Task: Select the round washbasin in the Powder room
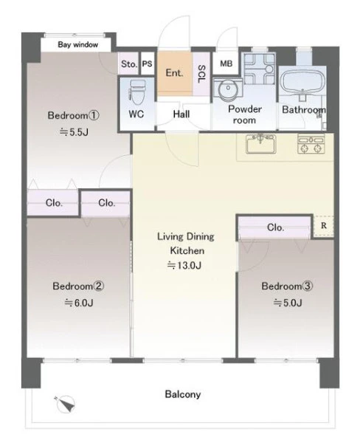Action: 228,89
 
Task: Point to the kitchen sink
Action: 260,144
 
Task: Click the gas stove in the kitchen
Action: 311,144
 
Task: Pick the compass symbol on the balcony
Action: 66,404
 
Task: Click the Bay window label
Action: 78,44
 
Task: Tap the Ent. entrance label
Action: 174,73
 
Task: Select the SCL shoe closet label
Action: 201,74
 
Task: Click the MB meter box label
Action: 226,63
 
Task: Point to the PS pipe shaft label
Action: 147,63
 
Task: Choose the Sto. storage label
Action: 129,64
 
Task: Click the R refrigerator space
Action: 324,225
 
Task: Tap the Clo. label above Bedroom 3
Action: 275,227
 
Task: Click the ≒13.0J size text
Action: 184,265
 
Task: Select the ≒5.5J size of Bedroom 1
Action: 74,132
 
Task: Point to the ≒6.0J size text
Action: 79,303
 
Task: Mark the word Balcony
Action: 183,394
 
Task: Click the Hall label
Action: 181,114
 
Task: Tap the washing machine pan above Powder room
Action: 260,69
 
